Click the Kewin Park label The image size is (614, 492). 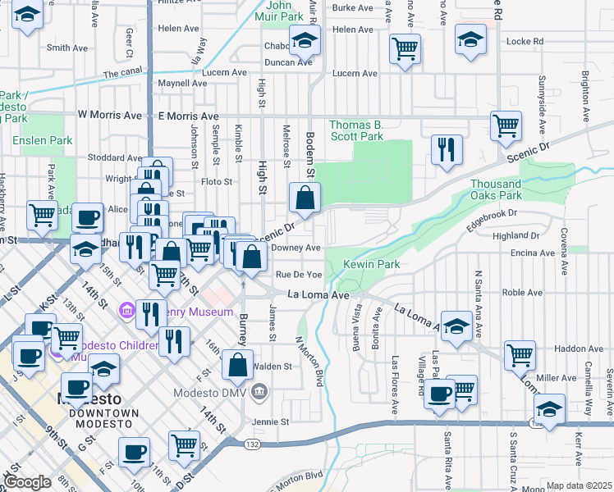point(371,265)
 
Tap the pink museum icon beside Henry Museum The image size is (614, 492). point(126,311)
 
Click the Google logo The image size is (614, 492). point(26,483)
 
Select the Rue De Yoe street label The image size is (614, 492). point(298,275)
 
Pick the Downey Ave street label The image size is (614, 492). point(296,248)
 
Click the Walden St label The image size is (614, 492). point(275,367)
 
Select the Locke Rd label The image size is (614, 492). point(525,41)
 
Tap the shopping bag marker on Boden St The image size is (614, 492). point(305,198)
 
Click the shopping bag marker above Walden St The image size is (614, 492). point(237,366)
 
